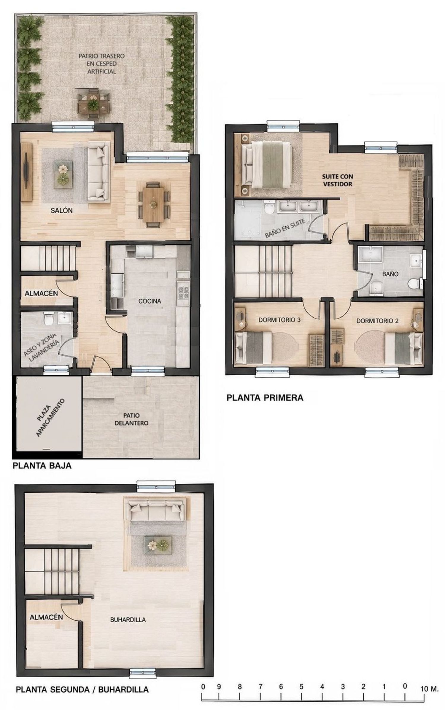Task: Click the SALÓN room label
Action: (x=62, y=211)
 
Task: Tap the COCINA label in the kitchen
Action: (x=150, y=301)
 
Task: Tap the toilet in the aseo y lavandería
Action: (x=48, y=319)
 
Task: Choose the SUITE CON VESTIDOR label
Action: (x=338, y=180)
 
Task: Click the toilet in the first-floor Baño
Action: (x=415, y=284)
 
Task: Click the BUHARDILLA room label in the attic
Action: (x=128, y=620)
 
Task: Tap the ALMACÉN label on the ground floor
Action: (x=41, y=293)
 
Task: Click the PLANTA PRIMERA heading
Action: (x=265, y=398)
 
